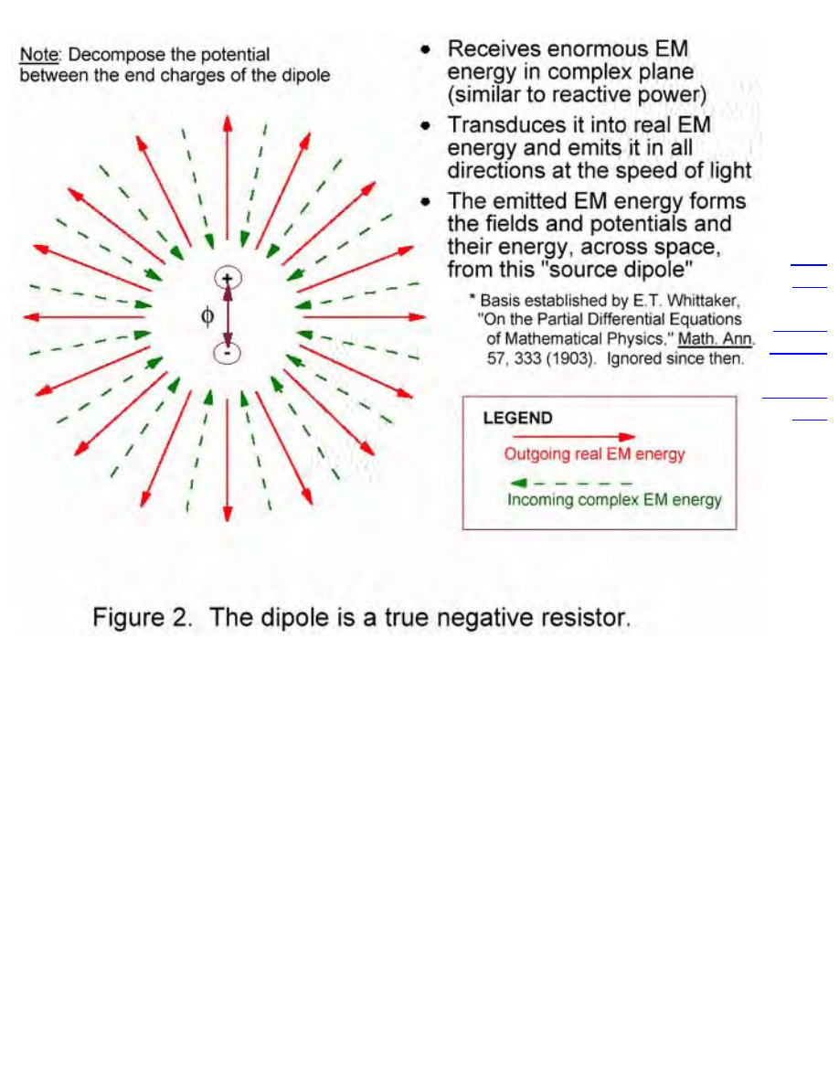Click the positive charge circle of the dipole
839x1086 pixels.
point(227,278)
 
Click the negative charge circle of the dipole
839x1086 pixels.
point(227,353)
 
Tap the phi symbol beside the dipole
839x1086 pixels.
point(207,315)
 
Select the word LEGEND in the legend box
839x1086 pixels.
point(517,419)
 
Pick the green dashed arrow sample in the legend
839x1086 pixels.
point(570,483)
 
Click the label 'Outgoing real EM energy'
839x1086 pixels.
point(594,454)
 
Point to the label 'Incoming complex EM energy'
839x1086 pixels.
point(614,500)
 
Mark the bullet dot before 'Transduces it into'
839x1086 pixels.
point(426,125)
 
